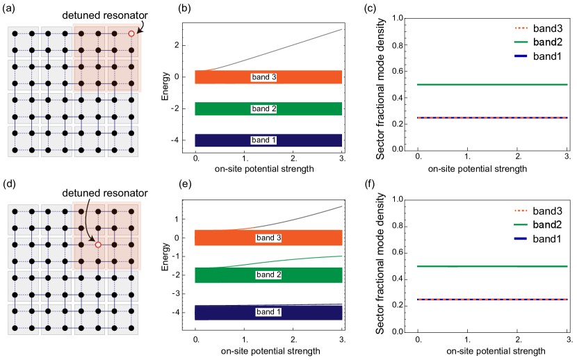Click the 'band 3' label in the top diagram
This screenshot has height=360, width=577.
[263, 77]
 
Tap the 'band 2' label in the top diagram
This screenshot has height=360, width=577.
[263, 109]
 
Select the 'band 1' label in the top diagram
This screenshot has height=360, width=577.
[263, 140]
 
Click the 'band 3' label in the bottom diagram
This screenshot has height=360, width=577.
[268, 238]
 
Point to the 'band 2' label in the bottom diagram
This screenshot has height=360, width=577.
[268, 275]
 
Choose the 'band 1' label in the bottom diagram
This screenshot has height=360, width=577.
[268, 312]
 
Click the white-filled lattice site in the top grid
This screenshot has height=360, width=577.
[131, 33]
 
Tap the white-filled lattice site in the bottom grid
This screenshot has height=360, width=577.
[98, 245]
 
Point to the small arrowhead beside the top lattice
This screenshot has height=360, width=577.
[139, 31]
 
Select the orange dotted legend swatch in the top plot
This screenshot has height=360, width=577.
[521, 28]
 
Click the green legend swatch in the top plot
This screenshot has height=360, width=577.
[521, 42]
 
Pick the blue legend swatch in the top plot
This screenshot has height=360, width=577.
[521, 56]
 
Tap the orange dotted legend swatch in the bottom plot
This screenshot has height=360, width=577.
[521, 211]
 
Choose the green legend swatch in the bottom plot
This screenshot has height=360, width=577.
[521, 224]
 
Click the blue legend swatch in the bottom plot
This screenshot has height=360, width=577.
[521, 238]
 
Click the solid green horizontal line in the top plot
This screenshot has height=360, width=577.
[492, 85]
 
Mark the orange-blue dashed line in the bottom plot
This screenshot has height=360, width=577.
[492, 300]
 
